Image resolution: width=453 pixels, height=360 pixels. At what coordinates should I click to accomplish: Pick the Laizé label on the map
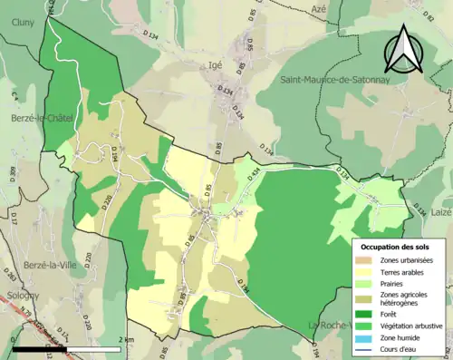tap(440, 211)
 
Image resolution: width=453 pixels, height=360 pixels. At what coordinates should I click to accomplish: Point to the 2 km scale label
tap(127, 340)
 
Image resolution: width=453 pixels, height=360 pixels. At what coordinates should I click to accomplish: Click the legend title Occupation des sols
tap(398, 246)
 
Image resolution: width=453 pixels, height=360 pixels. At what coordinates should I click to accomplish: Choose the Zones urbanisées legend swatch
tap(367, 260)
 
